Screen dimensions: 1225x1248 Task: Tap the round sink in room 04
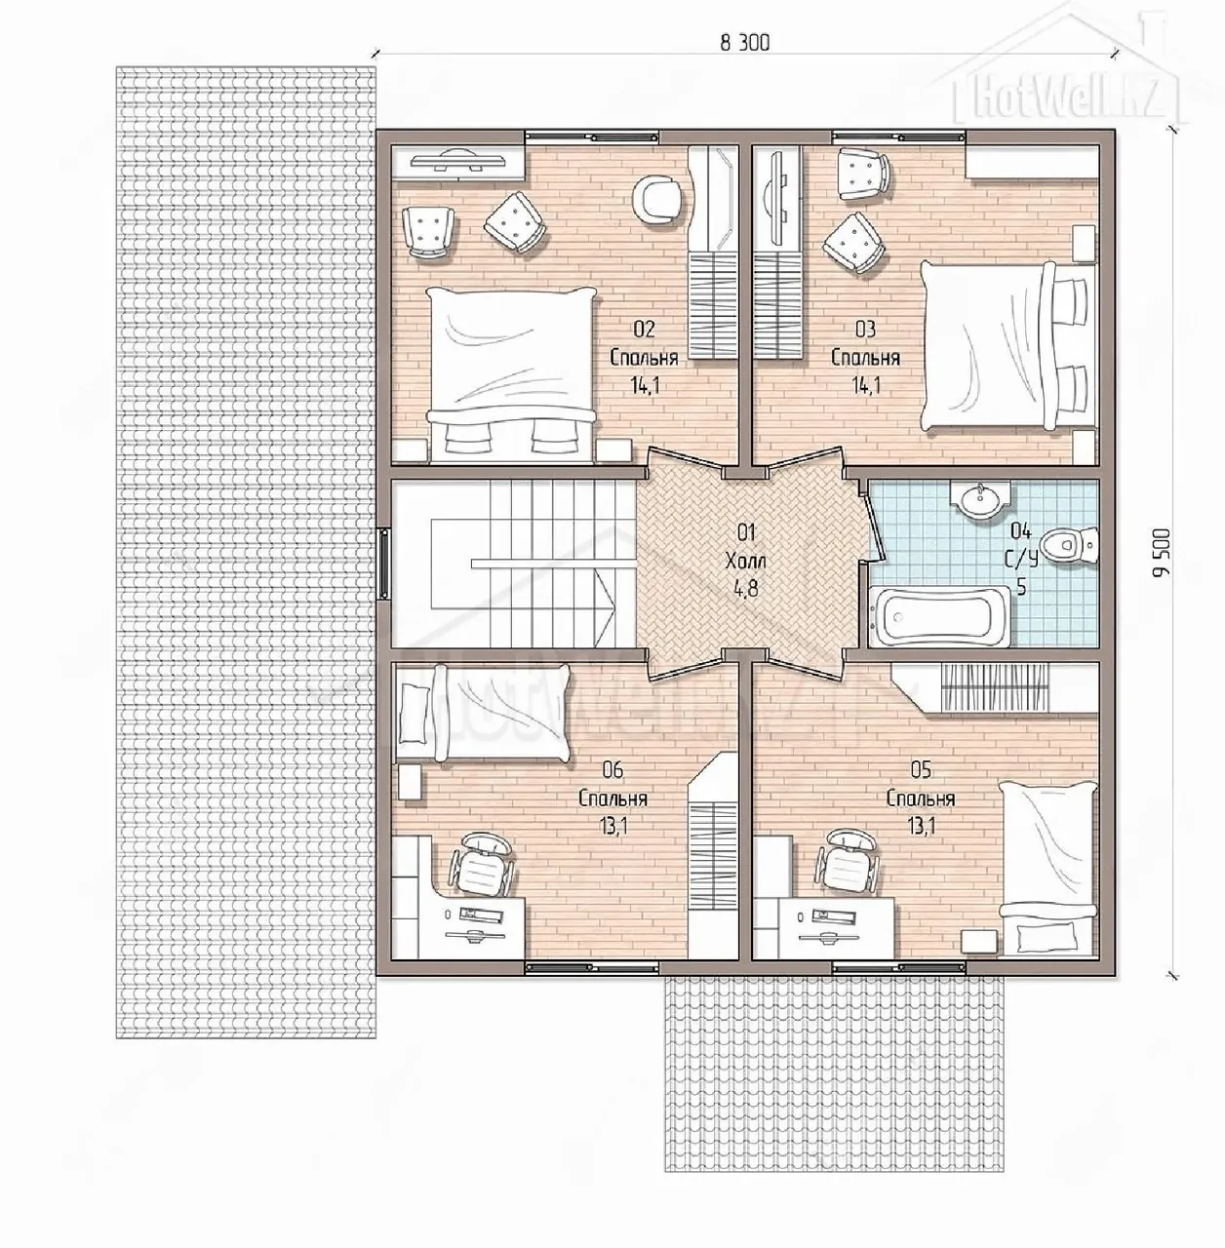point(980,501)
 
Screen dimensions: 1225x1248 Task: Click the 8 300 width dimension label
point(745,43)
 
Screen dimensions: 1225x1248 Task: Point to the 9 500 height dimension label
point(1166,553)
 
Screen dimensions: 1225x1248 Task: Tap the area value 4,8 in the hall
point(746,589)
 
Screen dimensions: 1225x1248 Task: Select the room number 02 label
point(645,329)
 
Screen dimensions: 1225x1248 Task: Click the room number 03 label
point(865,329)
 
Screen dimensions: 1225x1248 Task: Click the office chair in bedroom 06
point(481,865)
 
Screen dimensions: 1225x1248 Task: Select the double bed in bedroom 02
point(511,375)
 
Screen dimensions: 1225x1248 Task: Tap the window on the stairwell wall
point(384,562)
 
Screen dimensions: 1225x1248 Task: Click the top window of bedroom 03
point(899,136)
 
